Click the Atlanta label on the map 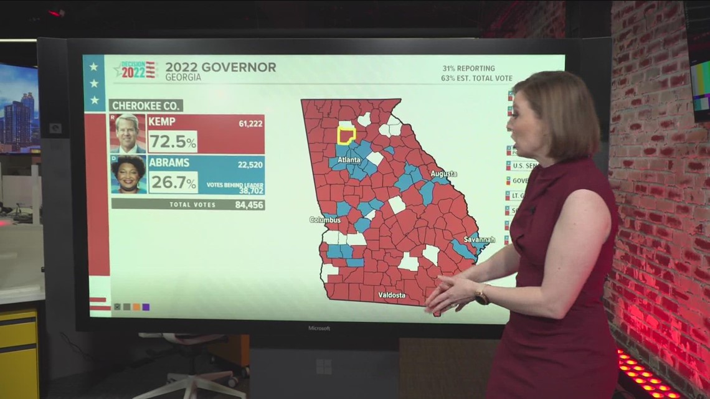pyautogui.click(x=349, y=160)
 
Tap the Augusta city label pyautogui.click(x=443, y=174)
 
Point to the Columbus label pyautogui.click(x=325, y=220)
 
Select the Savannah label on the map pyautogui.click(x=480, y=239)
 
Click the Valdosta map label pyautogui.click(x=392, y=294)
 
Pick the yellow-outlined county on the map pyautogui.click(x=346, y=135)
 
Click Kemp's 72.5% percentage pyautogui.click(x=173, y=142)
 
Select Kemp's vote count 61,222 pyautogui.click(x=250, y=124)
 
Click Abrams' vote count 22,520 pyautogui.click(x=250, y=165)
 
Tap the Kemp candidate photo pyautogui.click(x=128, y=133)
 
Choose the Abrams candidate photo pyautogui.click(x=128, y=174)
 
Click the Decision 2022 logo pyautogui.click(x=135, y=69)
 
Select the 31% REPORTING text pyautogui.click(x=469, y=68)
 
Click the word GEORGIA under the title pyautogui.click(x=183, y=78)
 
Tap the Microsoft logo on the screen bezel pyautogui.click(x=319, y=328)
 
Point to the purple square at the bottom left pyautogui.click(x=146, y=306)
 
